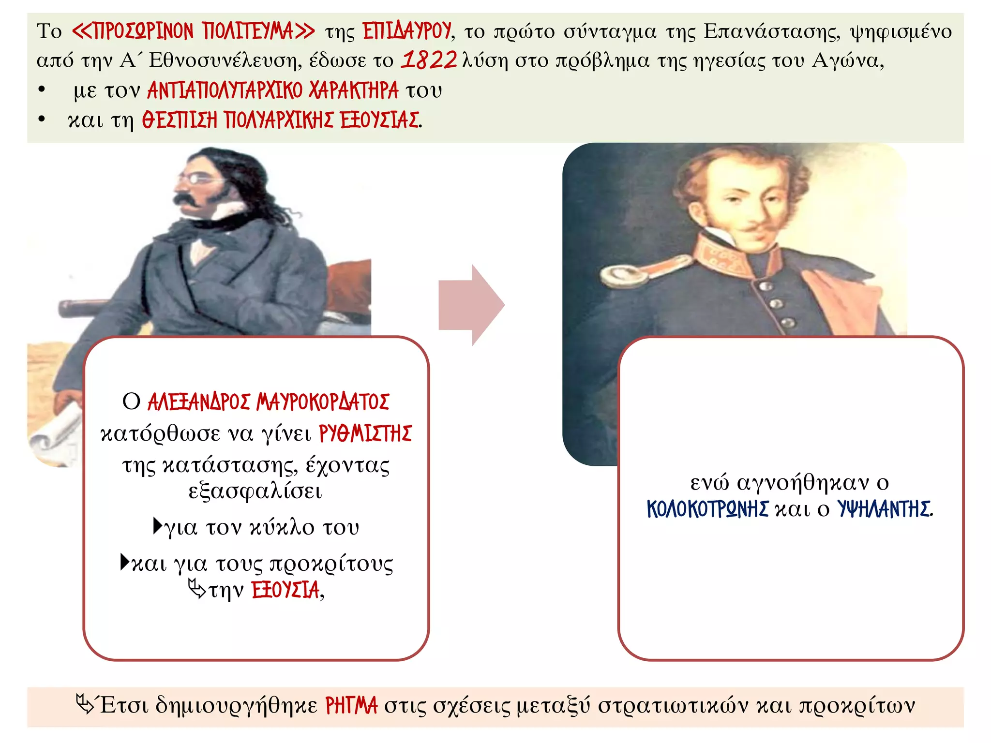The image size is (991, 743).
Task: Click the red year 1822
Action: [x=429, y=60]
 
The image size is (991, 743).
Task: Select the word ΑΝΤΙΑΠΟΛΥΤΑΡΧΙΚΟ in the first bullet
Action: [x=225, y=90]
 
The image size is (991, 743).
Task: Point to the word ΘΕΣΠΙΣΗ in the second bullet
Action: [x=179, y=120]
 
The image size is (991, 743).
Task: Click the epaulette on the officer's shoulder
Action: [x=624, y=275]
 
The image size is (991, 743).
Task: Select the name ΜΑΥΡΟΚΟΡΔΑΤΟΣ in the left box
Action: [x=322, y=402]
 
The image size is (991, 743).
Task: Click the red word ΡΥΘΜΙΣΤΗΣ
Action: [x=365, y=433]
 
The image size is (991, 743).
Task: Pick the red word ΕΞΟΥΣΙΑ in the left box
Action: [x=285, y=590]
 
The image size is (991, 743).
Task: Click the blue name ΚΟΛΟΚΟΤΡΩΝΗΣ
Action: [x=707, y=509]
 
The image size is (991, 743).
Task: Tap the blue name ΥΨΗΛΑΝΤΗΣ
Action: [x=884, y=509]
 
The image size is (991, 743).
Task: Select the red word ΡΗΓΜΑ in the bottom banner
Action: [x=351, y=706]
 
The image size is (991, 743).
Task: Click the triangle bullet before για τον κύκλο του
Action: [x=158, y=525]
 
